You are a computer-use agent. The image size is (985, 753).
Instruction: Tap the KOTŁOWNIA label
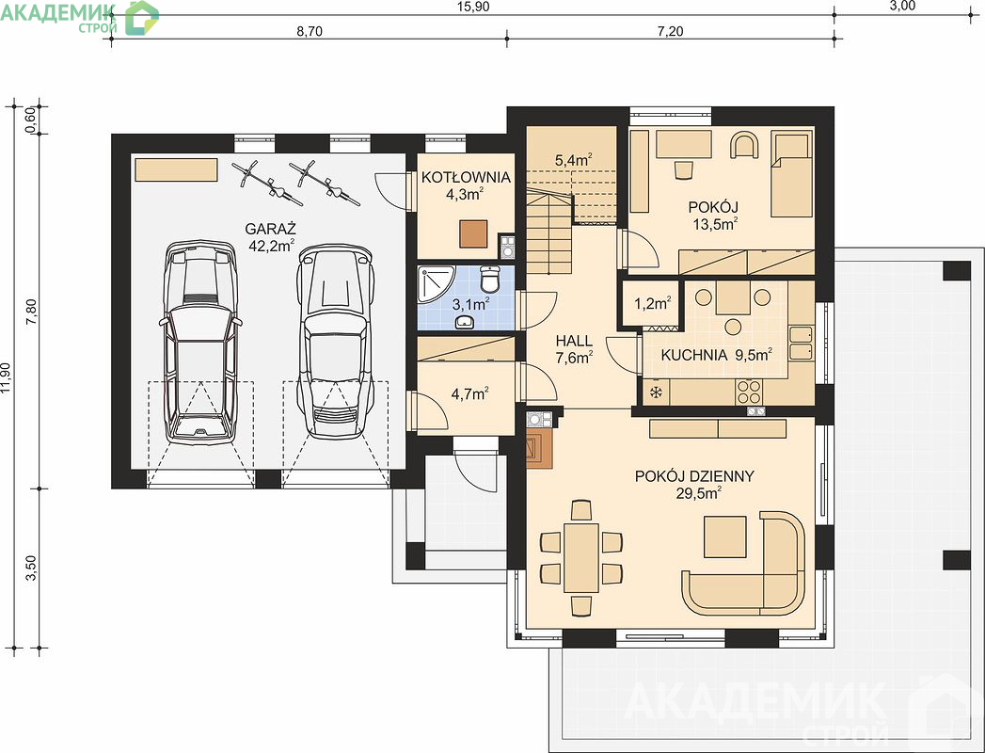[x=466, y=177]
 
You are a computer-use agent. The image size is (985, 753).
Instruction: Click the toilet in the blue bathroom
[x=490, y=279]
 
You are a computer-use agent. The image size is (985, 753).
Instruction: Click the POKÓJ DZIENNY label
[x=694, y=476]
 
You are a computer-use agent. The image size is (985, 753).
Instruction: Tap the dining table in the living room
[x=580, y=557]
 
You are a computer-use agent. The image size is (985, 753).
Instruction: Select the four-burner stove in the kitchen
[x=748, y=393]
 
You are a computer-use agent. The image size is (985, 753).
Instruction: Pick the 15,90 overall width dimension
[x=473, y=7]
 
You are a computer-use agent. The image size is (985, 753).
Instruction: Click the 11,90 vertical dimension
[x=7, y=378]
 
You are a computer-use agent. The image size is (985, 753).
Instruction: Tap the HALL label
[x=574, y=341]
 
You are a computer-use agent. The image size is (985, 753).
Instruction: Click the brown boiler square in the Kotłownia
[x=473, y=233]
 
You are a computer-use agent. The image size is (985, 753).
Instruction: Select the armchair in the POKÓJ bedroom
[x=744, y=145]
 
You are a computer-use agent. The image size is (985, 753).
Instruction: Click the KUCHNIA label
[x=694, y=355]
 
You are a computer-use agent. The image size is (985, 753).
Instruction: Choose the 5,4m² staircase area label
[x=574, y=160]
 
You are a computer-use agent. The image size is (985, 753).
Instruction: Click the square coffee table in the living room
[x=725, y=537]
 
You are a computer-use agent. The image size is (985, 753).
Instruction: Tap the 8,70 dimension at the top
[x=310, y=31]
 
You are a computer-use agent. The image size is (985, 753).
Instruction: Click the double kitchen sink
[x=801, y=344]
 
